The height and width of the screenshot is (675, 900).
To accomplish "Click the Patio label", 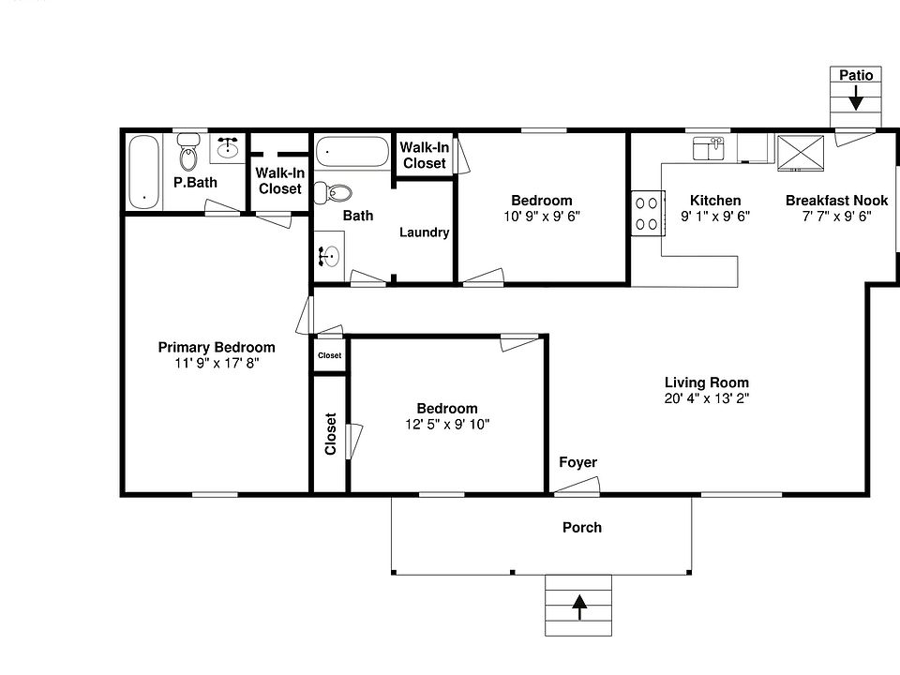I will [856, 75].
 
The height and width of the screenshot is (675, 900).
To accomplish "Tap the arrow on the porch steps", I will [579, 607].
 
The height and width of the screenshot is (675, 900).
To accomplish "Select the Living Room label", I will [706, 382].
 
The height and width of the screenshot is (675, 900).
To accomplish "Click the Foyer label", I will [577, 462].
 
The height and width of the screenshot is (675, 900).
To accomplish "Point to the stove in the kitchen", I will [646, 212].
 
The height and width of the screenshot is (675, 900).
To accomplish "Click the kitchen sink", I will [709, 148].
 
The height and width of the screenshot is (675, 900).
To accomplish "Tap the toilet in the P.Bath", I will [189, 155].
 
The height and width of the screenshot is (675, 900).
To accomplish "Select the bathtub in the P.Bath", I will [143, 172].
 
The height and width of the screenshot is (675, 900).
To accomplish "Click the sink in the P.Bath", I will [228, 147].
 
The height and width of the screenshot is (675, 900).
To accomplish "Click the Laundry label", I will [424, 232].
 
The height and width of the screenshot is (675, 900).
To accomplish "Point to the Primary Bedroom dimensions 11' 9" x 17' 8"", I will [217, 363].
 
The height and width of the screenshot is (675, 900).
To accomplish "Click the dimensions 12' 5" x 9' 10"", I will [446, 424].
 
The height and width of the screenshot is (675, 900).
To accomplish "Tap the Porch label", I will [581, 527].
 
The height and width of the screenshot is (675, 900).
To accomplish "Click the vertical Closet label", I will [330, 434].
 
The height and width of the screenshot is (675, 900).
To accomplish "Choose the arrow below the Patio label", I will [856, 97].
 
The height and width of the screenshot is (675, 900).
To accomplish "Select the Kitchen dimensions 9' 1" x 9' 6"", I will [715, 216].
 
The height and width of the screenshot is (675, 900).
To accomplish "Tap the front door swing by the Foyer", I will [576, 486].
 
